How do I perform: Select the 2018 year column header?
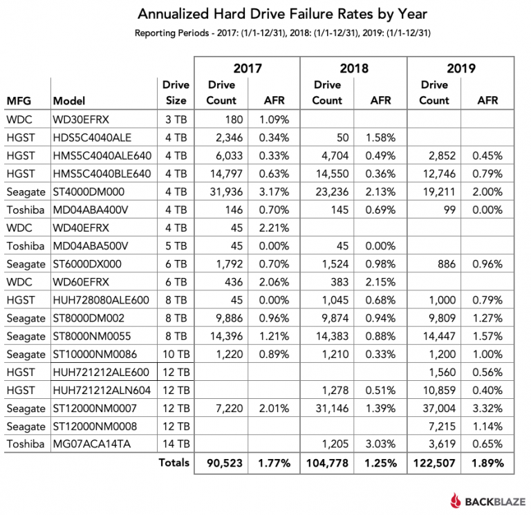(x=354, y=68)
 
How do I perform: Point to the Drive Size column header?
(x=176, y=93)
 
